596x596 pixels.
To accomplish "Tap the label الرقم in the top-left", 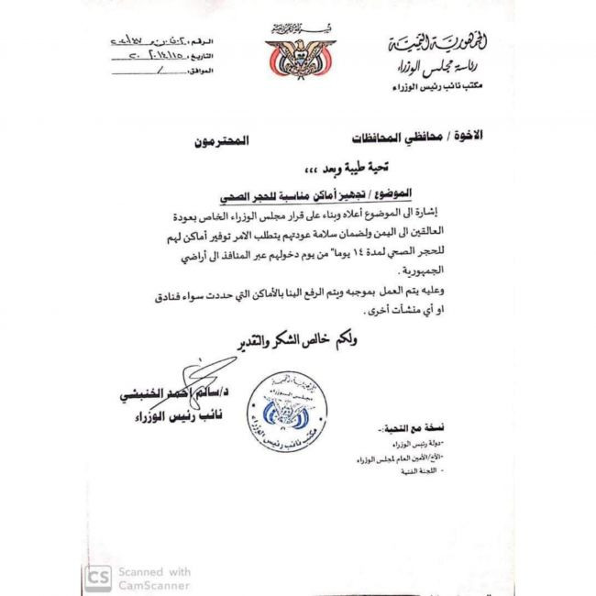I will click(204, 42).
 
